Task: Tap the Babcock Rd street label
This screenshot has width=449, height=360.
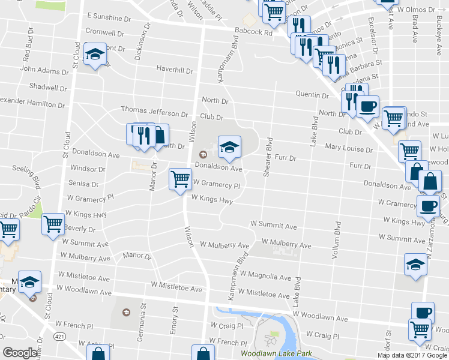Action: coord(254,32)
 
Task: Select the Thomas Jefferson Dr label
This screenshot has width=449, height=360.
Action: coord(154,111)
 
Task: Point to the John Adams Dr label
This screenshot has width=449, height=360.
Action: coord(44,70)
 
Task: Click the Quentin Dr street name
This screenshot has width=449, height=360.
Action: coord(312,94)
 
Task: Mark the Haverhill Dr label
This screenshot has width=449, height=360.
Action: coord(175,70)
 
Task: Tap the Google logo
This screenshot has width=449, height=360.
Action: coord(20,352)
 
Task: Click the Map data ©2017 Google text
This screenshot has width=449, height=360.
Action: coord(412,355)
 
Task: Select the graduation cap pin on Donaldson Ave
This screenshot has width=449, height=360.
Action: coord(229,147)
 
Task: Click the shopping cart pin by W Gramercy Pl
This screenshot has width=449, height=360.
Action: coord(180,179)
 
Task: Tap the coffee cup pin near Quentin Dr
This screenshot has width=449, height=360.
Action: coord(367,106)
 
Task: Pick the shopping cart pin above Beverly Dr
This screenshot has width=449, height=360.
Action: coord(53,224)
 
